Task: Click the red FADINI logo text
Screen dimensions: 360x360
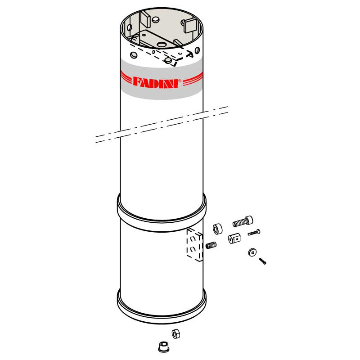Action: tap(156, 82)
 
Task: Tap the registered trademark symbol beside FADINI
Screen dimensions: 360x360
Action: tap(180, 81)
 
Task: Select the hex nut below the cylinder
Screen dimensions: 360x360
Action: tap(176, 333)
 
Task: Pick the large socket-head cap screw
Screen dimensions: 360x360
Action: tap(243, 221)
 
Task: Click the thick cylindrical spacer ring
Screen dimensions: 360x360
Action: tap(218, 229)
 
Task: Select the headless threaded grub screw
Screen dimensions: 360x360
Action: tap(211, 245)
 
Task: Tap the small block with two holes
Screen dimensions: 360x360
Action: tap(234, 238)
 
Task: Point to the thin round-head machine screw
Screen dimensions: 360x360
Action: tap(254, 232)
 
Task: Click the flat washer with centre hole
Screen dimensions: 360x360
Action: tap(252, 252)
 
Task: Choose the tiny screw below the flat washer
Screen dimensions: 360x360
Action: tap(262, 261)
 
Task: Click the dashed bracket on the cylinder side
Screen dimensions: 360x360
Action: tap(195, 245)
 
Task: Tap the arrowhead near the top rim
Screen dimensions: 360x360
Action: tap(189, 54)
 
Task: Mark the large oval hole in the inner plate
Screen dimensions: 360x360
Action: tap(162, 44)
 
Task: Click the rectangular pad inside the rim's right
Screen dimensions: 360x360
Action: tap(189, 25)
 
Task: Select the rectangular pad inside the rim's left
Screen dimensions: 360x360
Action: tap(145, 18)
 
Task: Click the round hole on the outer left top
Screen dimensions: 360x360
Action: tap(134, 55)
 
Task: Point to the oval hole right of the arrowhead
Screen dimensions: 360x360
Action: tap(197, 50)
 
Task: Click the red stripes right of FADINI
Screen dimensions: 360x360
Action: tap(193, 79)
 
